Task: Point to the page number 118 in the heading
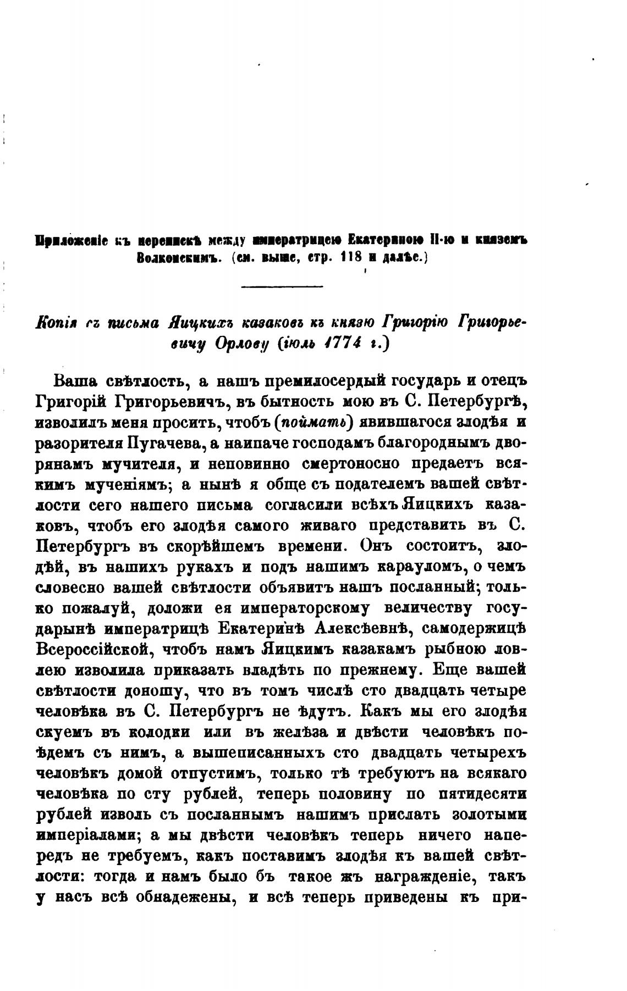[353, 259]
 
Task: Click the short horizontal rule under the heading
[282, 286]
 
